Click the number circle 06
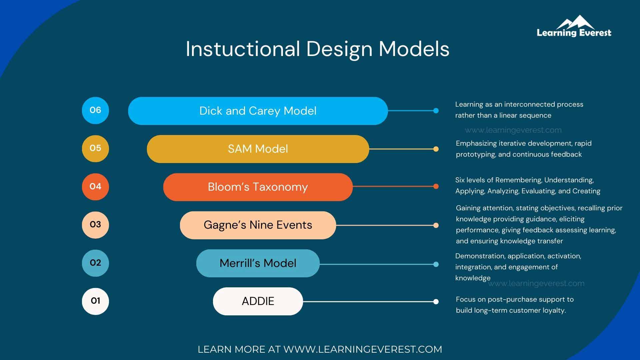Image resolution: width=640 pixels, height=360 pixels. (x=95, y=110)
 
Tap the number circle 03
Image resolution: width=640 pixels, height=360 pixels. (x=95, y=225)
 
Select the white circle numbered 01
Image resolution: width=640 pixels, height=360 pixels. (x=95, y=301)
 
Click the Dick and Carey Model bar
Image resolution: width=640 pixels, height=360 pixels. (x=258, y=111)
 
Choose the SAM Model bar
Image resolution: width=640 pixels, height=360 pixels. (x=258, y=149)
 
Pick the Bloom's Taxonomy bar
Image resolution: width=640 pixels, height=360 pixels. (x=258, y=187)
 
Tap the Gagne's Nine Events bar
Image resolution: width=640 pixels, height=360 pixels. (x=258, y=225)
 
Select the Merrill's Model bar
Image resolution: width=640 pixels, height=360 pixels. (x=258, y=263)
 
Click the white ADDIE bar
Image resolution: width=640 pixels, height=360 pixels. (x=258, y=301)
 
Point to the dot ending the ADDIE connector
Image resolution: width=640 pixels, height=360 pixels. (x=436, y=302)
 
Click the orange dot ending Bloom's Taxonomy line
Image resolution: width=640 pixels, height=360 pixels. (x=436, y=186)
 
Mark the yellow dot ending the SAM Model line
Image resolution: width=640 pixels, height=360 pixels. (x=436, y=149)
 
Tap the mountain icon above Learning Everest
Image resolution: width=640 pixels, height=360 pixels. (x=576, y=22)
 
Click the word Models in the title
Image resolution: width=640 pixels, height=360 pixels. (x=414, y=49)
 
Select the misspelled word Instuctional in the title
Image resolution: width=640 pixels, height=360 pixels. (x=243, y=49)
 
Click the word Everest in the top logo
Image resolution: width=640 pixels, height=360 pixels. (x=595, y=33)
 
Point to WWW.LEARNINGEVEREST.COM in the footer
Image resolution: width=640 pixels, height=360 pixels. (x=363, y=349)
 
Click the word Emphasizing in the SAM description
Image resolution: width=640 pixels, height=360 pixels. (x=476, y=143)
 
